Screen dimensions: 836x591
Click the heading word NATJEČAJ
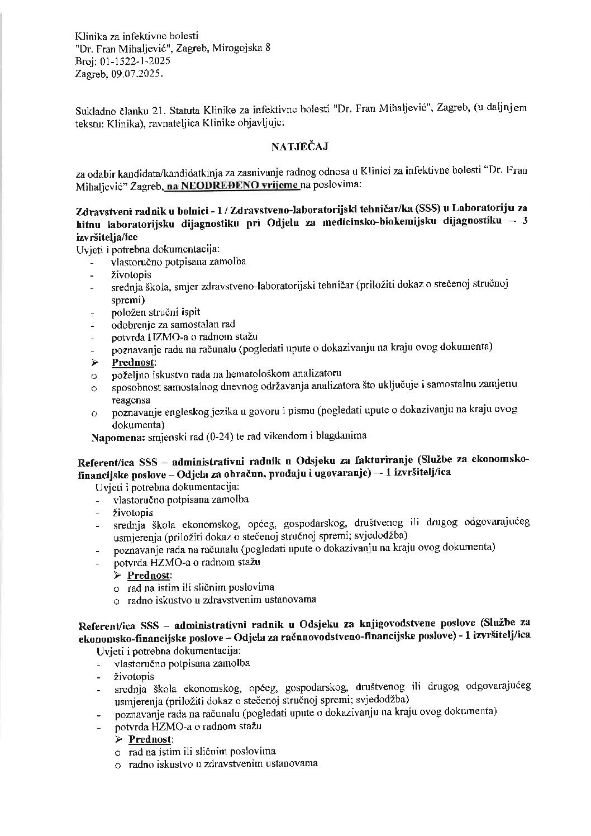tap(295, 148)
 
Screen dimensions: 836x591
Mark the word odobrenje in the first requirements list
tap(134, 324)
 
